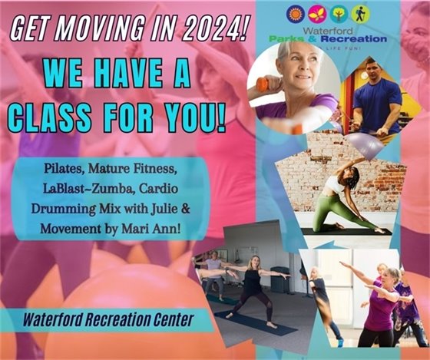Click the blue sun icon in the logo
coord(292,14)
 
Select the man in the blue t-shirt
coord(375,94)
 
